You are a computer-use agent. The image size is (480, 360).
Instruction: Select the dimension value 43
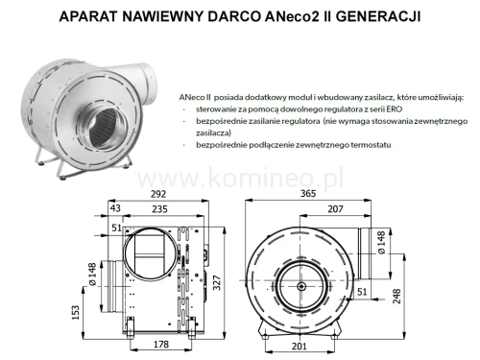[x=115, y=208]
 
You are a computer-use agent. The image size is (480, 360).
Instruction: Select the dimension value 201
[x=300, y=347]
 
